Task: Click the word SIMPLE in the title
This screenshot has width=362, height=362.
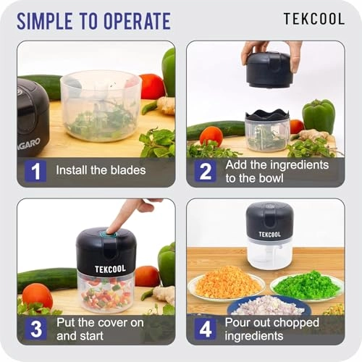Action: tap(49, 20)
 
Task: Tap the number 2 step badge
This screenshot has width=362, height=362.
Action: tap(205, 171)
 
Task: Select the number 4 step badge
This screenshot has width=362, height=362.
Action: tap(205, 328)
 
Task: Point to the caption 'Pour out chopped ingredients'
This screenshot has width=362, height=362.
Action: tap(277, 328)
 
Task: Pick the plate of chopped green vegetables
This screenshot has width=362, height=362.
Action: tap(306, 284)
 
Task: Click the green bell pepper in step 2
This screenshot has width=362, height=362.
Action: tap(318, 116)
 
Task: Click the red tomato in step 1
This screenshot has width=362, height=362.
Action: tap(151, 86)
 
